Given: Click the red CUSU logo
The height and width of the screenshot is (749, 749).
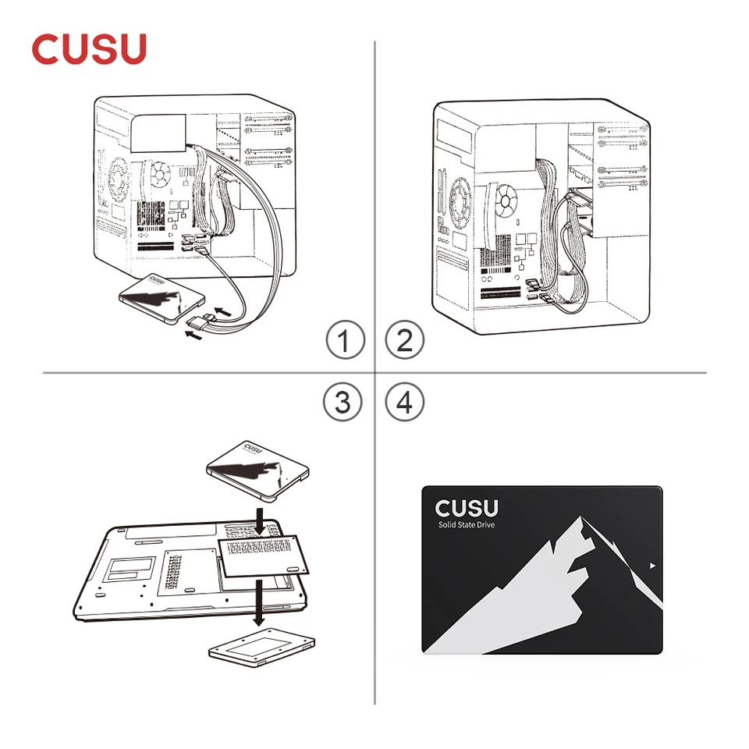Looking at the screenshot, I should [x=89, y=48].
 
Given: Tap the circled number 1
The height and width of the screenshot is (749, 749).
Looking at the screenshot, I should [x=344, y=340].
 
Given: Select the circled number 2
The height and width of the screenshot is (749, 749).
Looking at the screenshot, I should [x=405, y=340].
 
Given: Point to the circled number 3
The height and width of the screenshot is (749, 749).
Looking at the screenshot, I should [x=344, y=402].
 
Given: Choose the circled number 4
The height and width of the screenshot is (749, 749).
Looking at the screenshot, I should [x=405, y=402].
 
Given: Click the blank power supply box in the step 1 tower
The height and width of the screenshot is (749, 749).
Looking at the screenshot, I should [x=159, y=133].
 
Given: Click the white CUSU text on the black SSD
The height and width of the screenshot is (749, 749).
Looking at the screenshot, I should [x=466, y=508].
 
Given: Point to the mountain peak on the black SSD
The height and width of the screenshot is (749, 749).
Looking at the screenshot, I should [x=578, y=520].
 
